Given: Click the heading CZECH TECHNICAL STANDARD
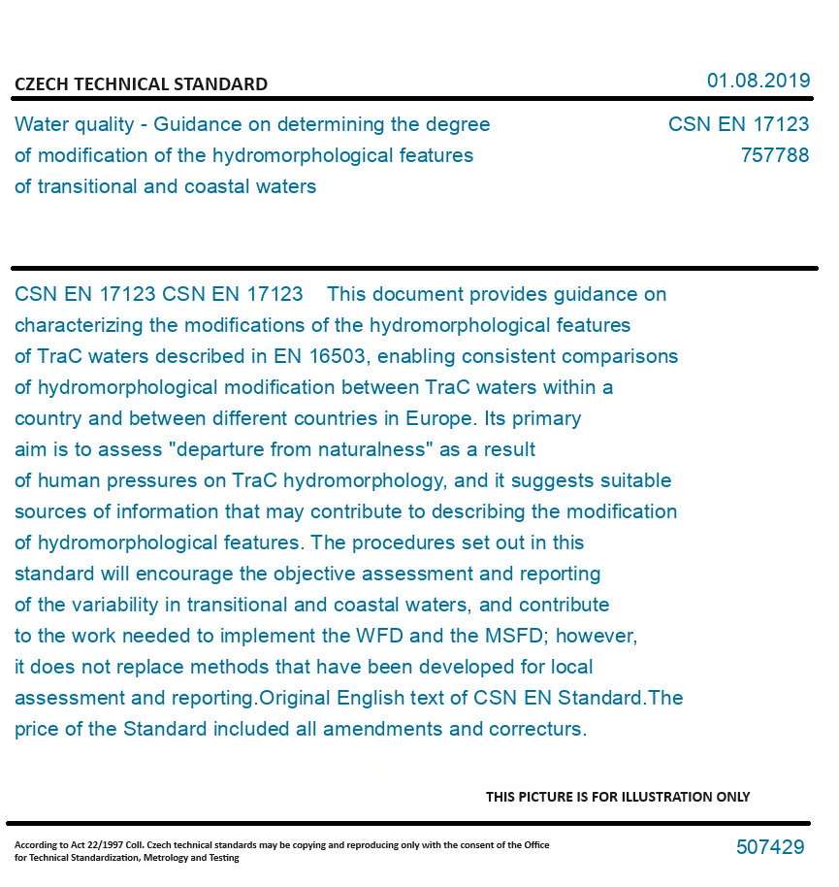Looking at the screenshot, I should tap(141, 84).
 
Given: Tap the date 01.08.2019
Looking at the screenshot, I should tap(758, 81).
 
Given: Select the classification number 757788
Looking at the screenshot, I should tap(774, 155).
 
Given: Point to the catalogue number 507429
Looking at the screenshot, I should tap(770, 847).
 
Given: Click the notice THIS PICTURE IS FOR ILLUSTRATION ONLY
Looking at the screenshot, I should tap(618, 797).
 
